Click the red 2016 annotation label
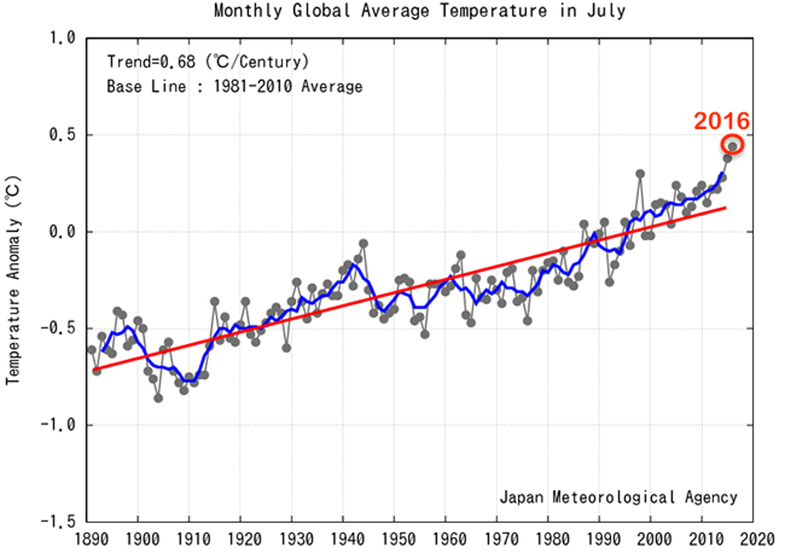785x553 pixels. point(721,121)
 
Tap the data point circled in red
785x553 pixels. point(732,147)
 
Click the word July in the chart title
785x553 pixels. point(606,11)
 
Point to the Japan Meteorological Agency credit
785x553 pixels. point(618,497)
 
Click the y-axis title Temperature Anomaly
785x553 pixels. point(13,280)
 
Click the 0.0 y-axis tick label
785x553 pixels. point(62,232)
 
